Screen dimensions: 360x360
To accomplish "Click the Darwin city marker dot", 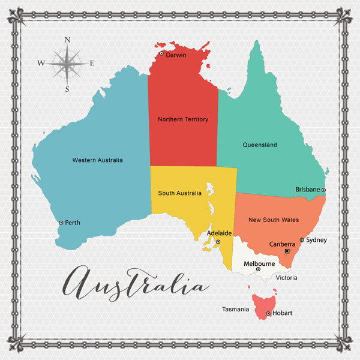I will tap(161, 53).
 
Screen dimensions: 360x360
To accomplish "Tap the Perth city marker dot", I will tap(61, 223).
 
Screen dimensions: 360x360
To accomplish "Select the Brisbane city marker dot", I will tap(324, 190).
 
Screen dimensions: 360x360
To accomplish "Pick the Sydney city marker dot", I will tap(302, 239).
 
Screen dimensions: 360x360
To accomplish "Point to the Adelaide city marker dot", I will tap(218, 242).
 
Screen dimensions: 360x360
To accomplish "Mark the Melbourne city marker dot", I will tap(258, 269).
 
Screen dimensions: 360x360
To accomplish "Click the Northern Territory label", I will tap(183, 119).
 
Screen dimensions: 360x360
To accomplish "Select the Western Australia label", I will tap(97, 160).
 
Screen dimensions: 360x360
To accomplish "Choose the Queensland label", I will tap(260, 145).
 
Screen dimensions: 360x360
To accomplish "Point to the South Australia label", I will tap(179, 193).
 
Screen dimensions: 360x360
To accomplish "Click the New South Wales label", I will tap(274, 220).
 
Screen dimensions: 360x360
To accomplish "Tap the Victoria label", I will tap(286, 278).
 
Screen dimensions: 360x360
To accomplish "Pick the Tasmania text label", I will tap(235, 310).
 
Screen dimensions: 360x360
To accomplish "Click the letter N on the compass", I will tap(67, 40).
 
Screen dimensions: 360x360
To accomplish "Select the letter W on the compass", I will tap(41, 63).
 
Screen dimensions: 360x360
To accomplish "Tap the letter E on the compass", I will tap(92, 63).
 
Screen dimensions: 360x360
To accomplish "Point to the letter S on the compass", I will tap(67, 89).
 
